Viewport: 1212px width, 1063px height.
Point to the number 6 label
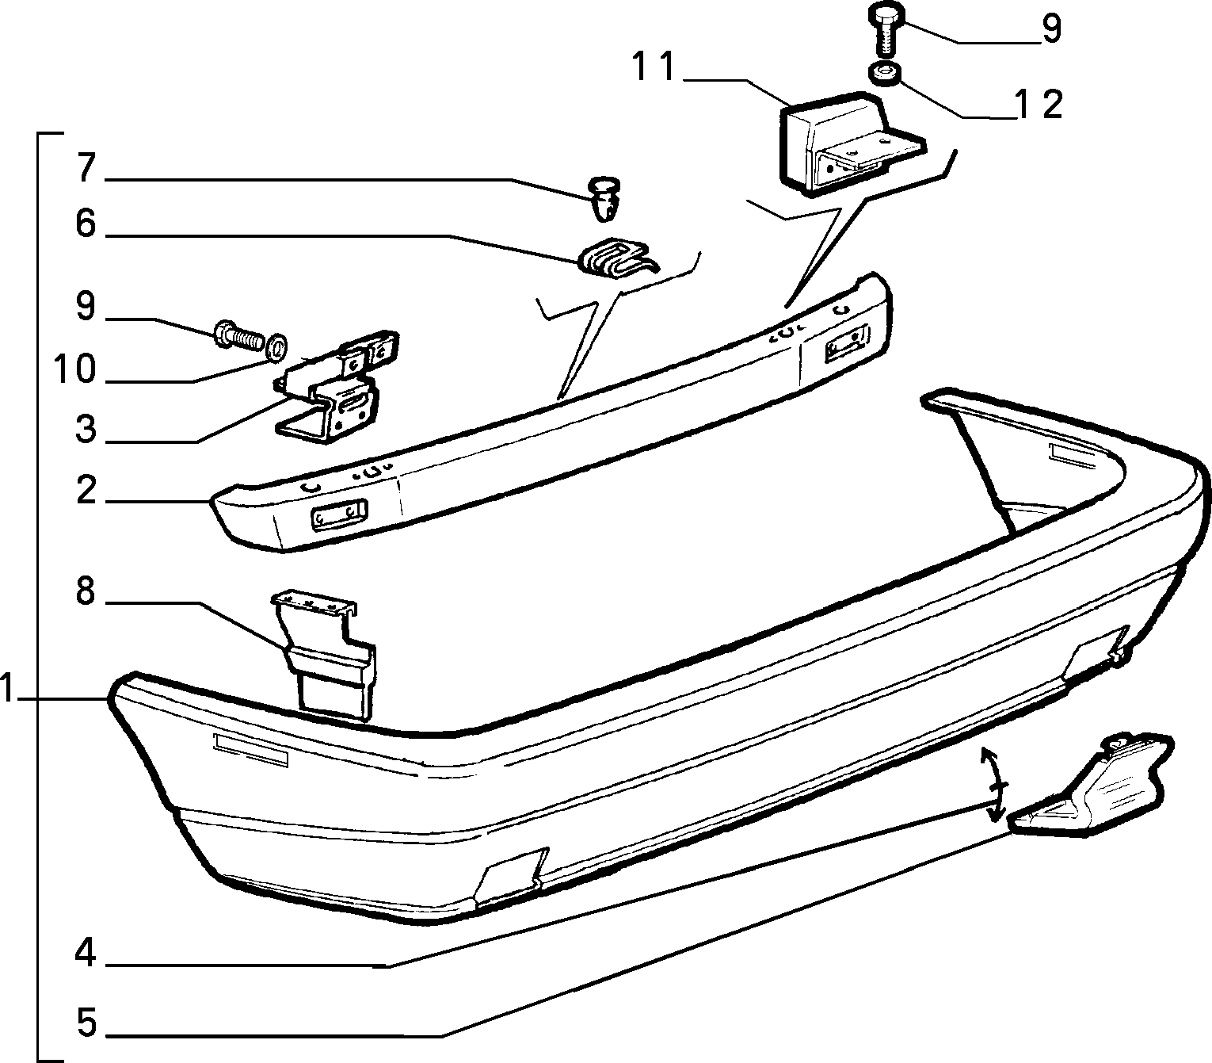(86, 224)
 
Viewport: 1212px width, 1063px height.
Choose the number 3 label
(86, 429)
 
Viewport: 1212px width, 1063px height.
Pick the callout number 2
(86, 490)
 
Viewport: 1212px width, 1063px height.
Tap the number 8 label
(86, 591)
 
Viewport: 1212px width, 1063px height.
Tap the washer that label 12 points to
(884, 75)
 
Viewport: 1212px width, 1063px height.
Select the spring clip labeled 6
(617, 259)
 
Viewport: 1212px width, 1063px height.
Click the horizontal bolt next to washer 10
(238, 338)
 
